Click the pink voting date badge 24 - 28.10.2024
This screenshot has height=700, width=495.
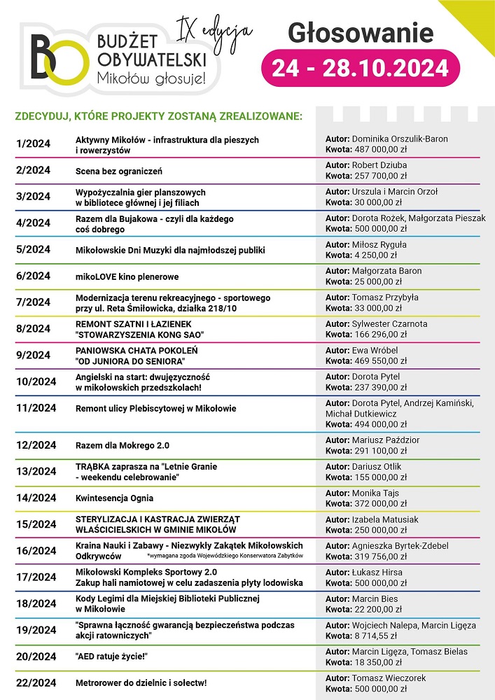coord(360,69)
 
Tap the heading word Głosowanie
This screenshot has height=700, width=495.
coord(361,33)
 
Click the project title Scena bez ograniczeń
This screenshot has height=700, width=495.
coord(119,171)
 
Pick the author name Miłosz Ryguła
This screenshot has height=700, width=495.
coord(379,245)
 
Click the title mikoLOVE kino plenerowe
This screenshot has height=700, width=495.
coord(127,276)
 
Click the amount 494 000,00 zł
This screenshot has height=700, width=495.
coord(385,424)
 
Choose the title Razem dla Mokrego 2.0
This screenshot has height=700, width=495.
coord(123,445)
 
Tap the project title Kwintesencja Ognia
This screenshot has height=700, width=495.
coord(114,498)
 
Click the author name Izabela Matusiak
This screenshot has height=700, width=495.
coord(385,519)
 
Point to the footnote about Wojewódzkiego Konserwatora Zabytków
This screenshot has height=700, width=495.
coord(225,555)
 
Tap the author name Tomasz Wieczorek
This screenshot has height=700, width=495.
coord(389,678)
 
